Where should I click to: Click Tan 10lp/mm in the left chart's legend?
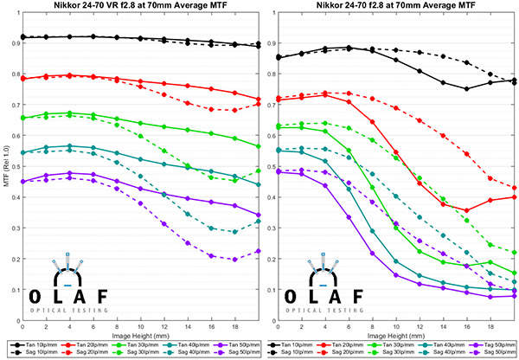coord(45,344)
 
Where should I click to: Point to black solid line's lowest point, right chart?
coord(468,88)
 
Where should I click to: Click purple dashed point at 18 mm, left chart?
coord(234,259)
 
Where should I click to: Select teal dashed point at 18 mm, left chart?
coord(234,232)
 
